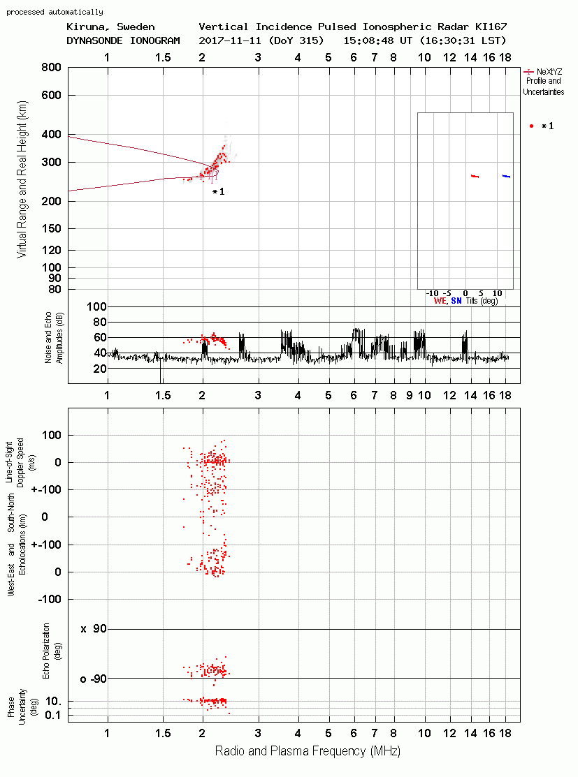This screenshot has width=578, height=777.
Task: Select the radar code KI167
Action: [491, 27]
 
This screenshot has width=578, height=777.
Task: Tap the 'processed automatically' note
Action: [55, 12]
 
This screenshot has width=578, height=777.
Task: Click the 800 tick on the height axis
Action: [52, 68]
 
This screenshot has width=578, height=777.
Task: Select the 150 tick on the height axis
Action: [52, 228]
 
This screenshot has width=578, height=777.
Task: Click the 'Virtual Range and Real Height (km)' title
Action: [22, 179]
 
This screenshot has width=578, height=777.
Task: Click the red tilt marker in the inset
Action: [475, 176]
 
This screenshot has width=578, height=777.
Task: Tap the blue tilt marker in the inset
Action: [506, 176]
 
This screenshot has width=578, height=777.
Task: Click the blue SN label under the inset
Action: [456, 301]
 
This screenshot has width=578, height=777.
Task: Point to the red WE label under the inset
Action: [440, 301]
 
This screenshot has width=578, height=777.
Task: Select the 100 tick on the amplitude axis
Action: [96, 306]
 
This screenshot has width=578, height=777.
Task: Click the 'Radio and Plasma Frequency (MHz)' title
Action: [308, 751]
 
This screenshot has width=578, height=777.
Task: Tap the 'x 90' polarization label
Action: [94, 629]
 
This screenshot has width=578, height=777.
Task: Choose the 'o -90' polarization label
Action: [94, 679]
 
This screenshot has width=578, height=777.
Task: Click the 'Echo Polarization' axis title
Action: [46, 651]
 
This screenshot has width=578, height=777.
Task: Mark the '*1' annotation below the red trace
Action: [218, 192]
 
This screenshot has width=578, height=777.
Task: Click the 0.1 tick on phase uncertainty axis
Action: [52, 715]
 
